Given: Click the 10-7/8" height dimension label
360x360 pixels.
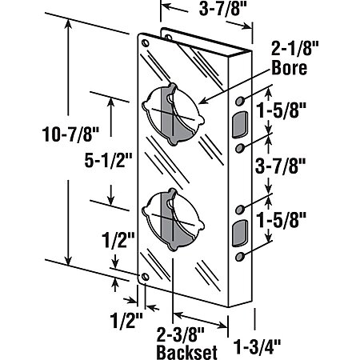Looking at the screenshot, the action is pos(70,134).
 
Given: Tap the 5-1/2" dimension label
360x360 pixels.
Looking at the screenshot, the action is pos(108,161).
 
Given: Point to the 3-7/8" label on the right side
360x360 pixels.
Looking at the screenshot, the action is pos(280,166).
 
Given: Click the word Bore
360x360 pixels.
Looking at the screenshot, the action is pos(290,68).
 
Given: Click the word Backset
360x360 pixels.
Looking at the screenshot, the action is pos(186,352).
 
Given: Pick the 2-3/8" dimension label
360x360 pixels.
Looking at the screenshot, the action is pos(180,334).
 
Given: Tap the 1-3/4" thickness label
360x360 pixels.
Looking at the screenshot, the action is pos(257,347).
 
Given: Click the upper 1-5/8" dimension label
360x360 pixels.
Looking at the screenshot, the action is pos(281,110).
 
